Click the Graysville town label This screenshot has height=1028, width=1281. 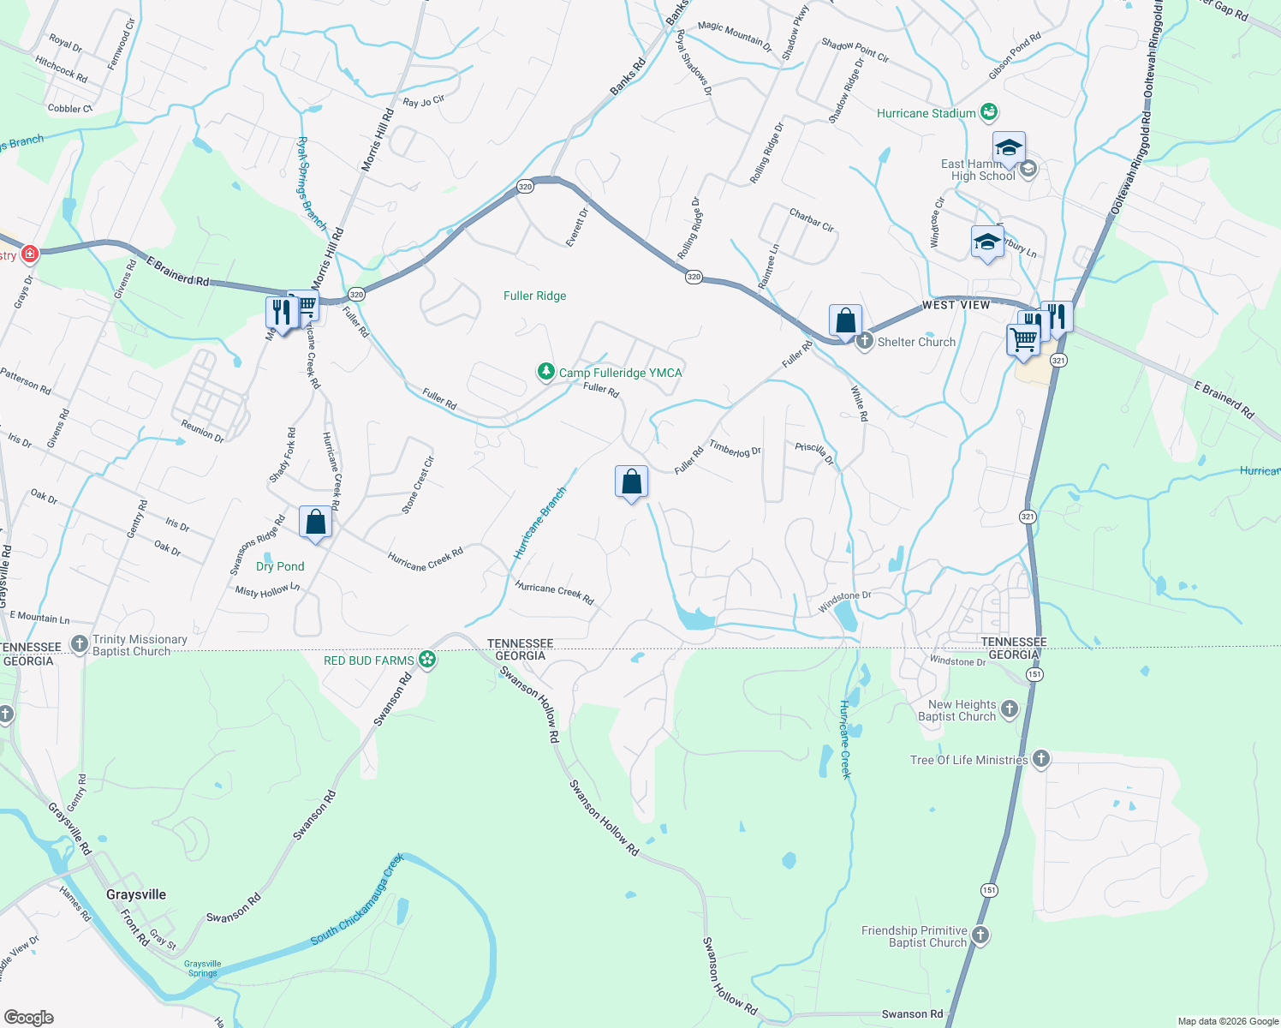(x=136, y=894)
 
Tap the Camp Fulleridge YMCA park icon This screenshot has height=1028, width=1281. (x=546, y=372)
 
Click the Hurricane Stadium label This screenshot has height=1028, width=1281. (x=926, y=113)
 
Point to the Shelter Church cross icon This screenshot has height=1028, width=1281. (x=865, y=342)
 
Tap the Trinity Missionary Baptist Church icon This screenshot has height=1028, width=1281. (x=80, y=644)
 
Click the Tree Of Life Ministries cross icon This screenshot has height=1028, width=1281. (x=1041, y=759)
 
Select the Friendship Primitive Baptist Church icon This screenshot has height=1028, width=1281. (x=980, y=935)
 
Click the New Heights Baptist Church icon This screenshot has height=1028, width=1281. (x=1010, y=709)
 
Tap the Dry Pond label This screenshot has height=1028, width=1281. (x=280, y=566)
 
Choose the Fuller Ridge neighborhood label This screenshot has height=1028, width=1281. (x=534, y=296)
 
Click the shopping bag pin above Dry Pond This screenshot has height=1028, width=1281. (x=315, y=523)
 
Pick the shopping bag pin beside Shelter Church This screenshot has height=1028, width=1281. (x=845, y=322)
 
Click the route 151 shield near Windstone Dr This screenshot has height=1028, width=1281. (x=1035, y=674)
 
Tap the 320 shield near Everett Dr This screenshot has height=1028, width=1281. (x=525, y=187)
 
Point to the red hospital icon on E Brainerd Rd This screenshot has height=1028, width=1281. (x=30, y=254)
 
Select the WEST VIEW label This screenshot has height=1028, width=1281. (x=956, y=305)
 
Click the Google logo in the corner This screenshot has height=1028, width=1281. (x=29, y=1017)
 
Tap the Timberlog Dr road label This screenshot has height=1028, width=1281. (x=735, y=448)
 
